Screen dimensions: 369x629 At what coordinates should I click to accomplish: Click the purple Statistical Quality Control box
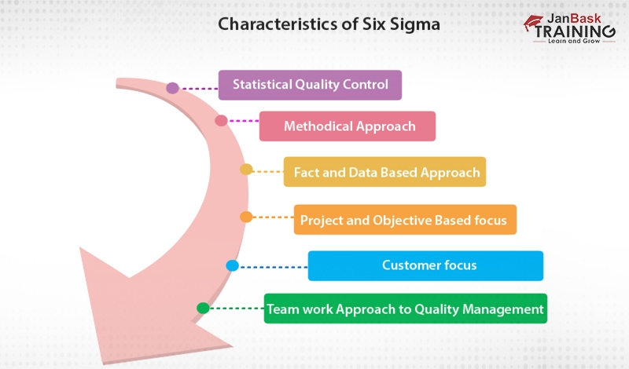[310, 85]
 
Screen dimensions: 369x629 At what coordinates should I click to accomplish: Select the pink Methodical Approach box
[348, 126]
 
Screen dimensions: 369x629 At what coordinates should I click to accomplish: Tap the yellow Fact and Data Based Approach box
[384, 172]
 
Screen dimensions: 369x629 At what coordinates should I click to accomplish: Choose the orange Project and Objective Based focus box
[405, 220]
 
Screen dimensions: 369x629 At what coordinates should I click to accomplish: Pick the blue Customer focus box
[425, 265]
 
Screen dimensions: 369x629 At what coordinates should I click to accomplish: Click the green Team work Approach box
[405, 309]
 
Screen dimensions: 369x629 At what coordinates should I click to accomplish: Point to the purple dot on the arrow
[172, 88]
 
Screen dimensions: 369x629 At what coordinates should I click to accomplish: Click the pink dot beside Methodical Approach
[221, 121]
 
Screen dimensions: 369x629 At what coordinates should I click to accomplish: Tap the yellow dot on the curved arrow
[246, 170]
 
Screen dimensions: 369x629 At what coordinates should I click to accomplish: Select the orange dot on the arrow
[246, 217]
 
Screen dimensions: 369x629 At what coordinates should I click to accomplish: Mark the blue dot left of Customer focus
[232, 266]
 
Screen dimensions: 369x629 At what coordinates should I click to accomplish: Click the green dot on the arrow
[203, 309]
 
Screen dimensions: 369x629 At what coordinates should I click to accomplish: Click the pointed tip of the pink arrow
[231, 345]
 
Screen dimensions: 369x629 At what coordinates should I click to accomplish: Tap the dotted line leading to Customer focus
[272, 266]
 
